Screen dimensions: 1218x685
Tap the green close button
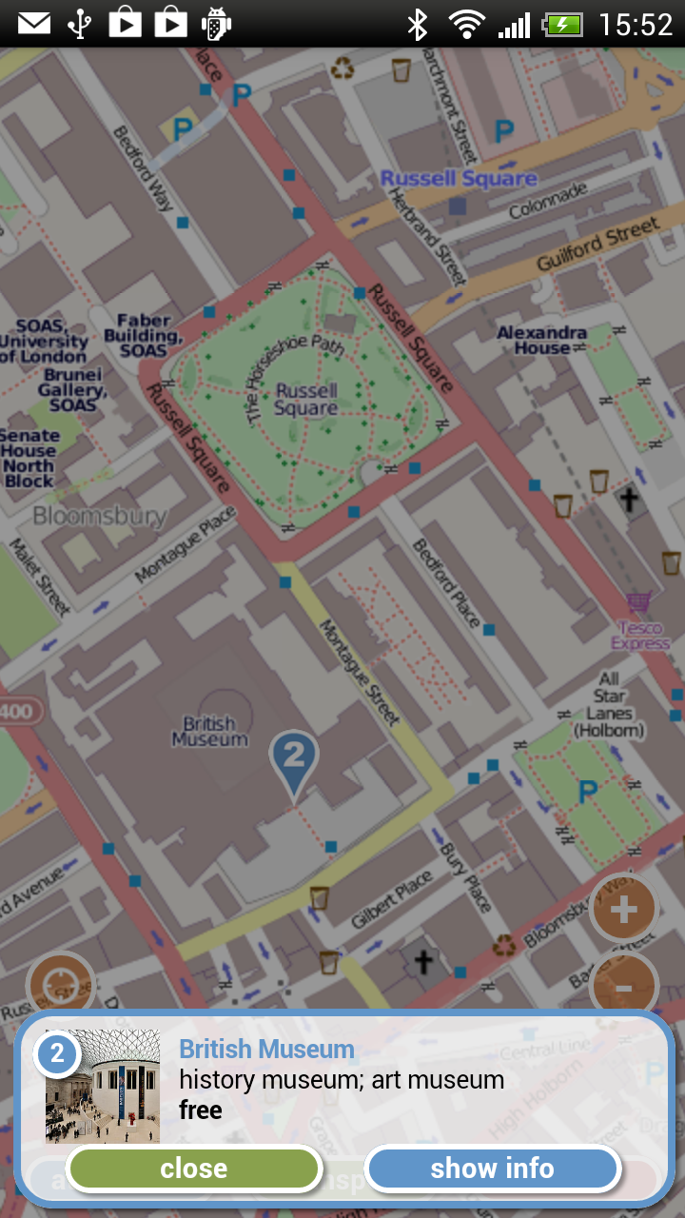[x=194, y=1169]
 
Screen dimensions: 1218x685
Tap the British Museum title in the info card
[x=266, y=1050]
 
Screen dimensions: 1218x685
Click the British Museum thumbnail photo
[x=103, y=1086]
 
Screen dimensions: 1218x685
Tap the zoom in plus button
[x=623, y=911]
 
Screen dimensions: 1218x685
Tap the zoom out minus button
[x=623, y=988]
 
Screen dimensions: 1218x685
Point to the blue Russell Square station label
[x=459, y=178]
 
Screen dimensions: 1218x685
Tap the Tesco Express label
[x=640, y=635]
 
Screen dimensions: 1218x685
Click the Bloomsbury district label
[x=99, y=517]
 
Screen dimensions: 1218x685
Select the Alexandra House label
[x=541, y=340]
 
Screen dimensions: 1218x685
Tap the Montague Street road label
[x=359, y=672]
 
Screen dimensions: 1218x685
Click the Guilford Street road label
[x=598, y=244]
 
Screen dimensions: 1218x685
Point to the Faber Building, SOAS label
[x=143, y=336]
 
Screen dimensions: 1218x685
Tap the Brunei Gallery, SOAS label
[x=72, y=390]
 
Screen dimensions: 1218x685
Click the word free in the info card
[x=200, y=1110]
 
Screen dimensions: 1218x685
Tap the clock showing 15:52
[x=636, y=24]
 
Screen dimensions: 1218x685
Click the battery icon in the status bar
[x=562, y=25]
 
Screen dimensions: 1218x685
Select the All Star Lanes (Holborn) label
[x=609, y=704]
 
